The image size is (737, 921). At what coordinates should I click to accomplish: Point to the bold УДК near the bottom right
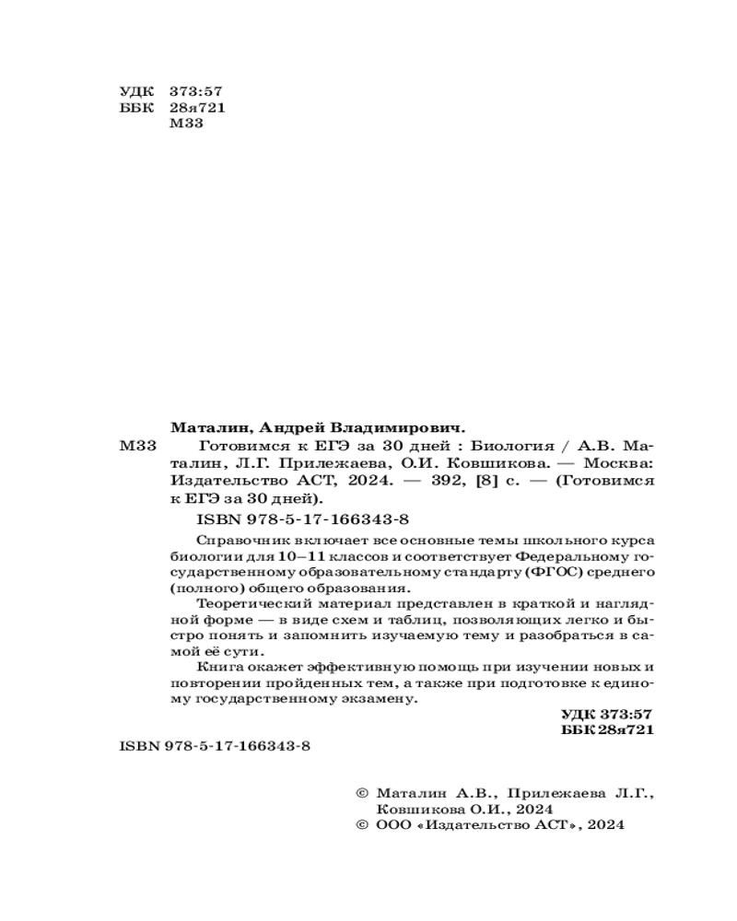(x=580, y=715)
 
